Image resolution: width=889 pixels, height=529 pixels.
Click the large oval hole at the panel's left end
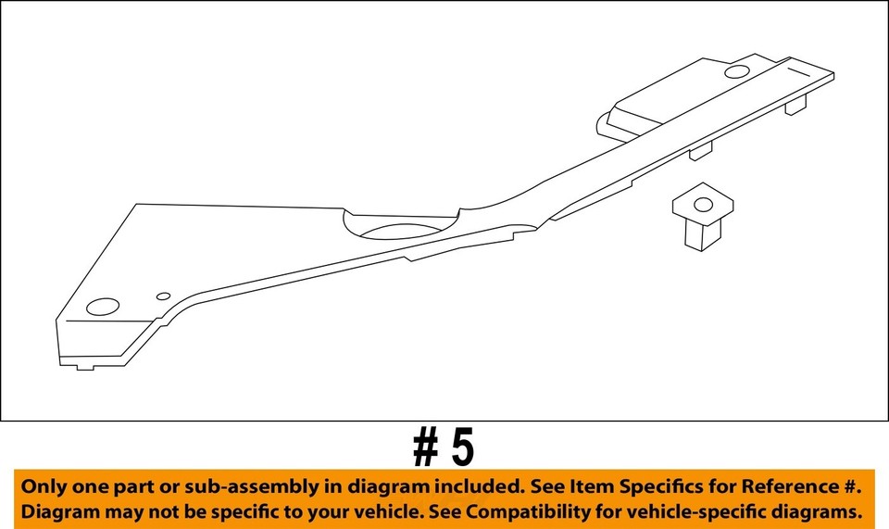[103, 307]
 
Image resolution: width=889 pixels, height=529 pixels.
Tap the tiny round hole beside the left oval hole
[163, 296]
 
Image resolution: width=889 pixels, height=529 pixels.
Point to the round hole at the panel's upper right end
[738, 71]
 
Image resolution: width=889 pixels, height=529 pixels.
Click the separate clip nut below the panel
[701, 217]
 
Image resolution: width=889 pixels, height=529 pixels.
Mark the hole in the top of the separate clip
[703, 204]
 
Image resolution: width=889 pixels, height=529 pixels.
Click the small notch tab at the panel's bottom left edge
[84, 365]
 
